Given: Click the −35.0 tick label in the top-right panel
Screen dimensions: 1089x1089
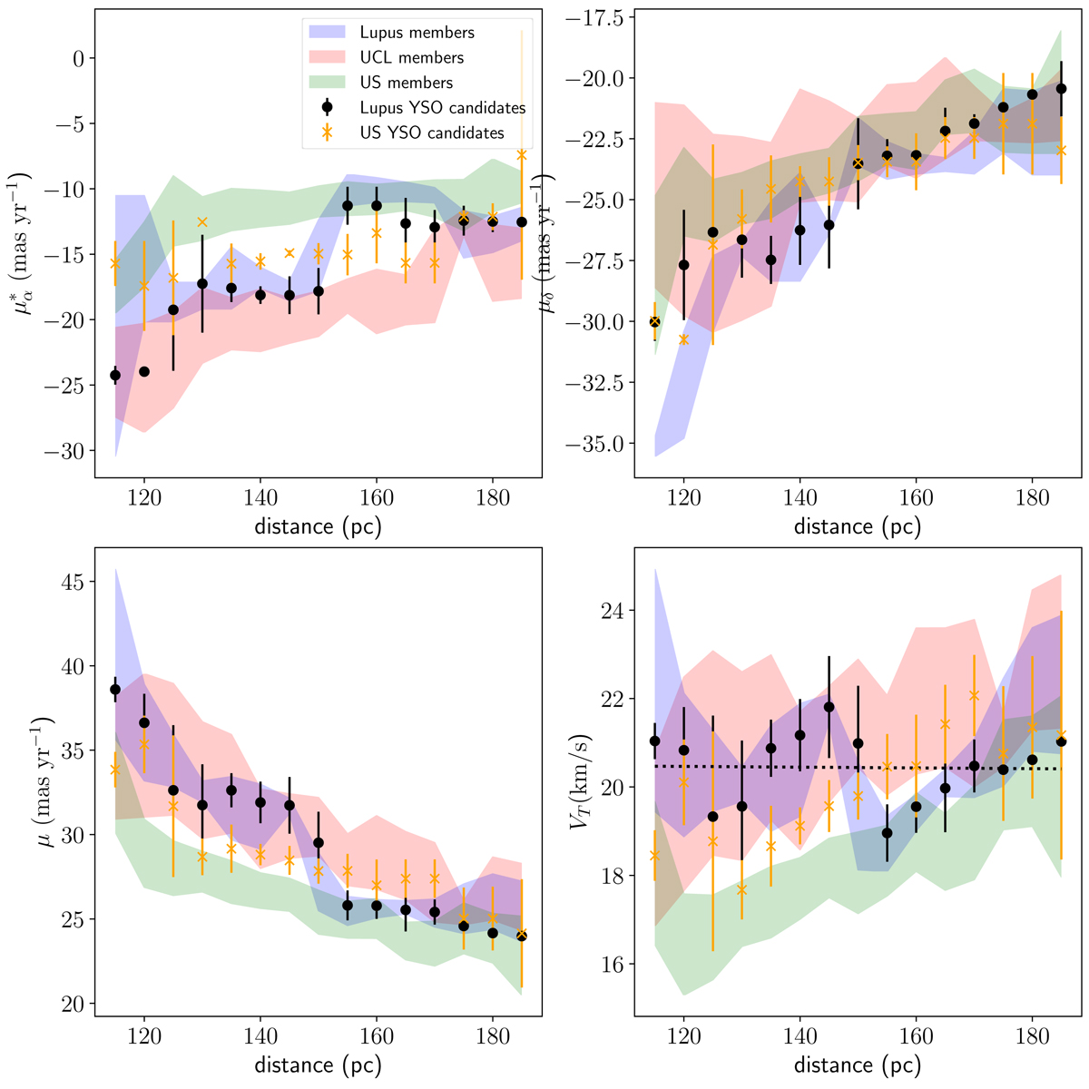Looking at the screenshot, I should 595,445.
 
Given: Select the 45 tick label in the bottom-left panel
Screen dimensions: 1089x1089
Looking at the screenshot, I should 72,582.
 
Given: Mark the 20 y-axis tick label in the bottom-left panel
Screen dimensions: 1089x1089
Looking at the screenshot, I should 72,1005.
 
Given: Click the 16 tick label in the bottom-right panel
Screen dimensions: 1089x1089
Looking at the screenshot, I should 615,964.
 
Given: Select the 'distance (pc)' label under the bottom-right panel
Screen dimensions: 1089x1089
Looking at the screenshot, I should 857,1063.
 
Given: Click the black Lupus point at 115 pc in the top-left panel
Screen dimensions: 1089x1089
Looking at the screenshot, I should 115,375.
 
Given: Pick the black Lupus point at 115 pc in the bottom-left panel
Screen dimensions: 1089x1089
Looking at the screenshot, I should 115,690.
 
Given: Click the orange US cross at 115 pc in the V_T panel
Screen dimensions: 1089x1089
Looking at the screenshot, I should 655,855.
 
